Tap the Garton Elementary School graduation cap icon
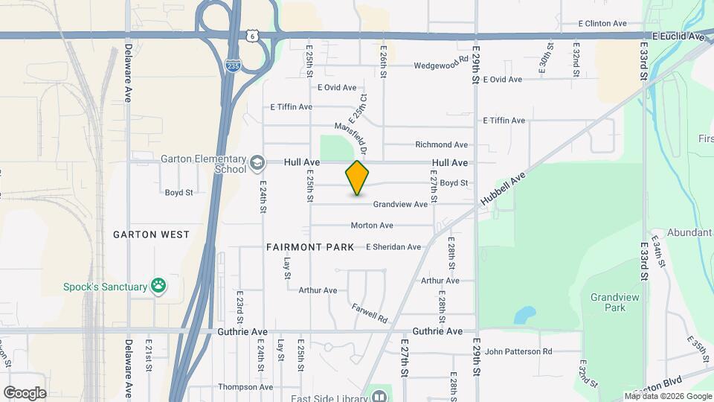point(257,162)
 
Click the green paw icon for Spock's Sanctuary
point(158,285)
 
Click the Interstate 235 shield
point(233,66)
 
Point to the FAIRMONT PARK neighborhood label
point(310,246)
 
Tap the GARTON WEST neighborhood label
point(151,234)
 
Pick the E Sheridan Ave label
point(393,247)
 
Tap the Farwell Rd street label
point(370,313)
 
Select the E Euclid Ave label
point(678,36)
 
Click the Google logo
point(24,392)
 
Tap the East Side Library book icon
point(380,395)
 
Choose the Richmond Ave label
point(441,144)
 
